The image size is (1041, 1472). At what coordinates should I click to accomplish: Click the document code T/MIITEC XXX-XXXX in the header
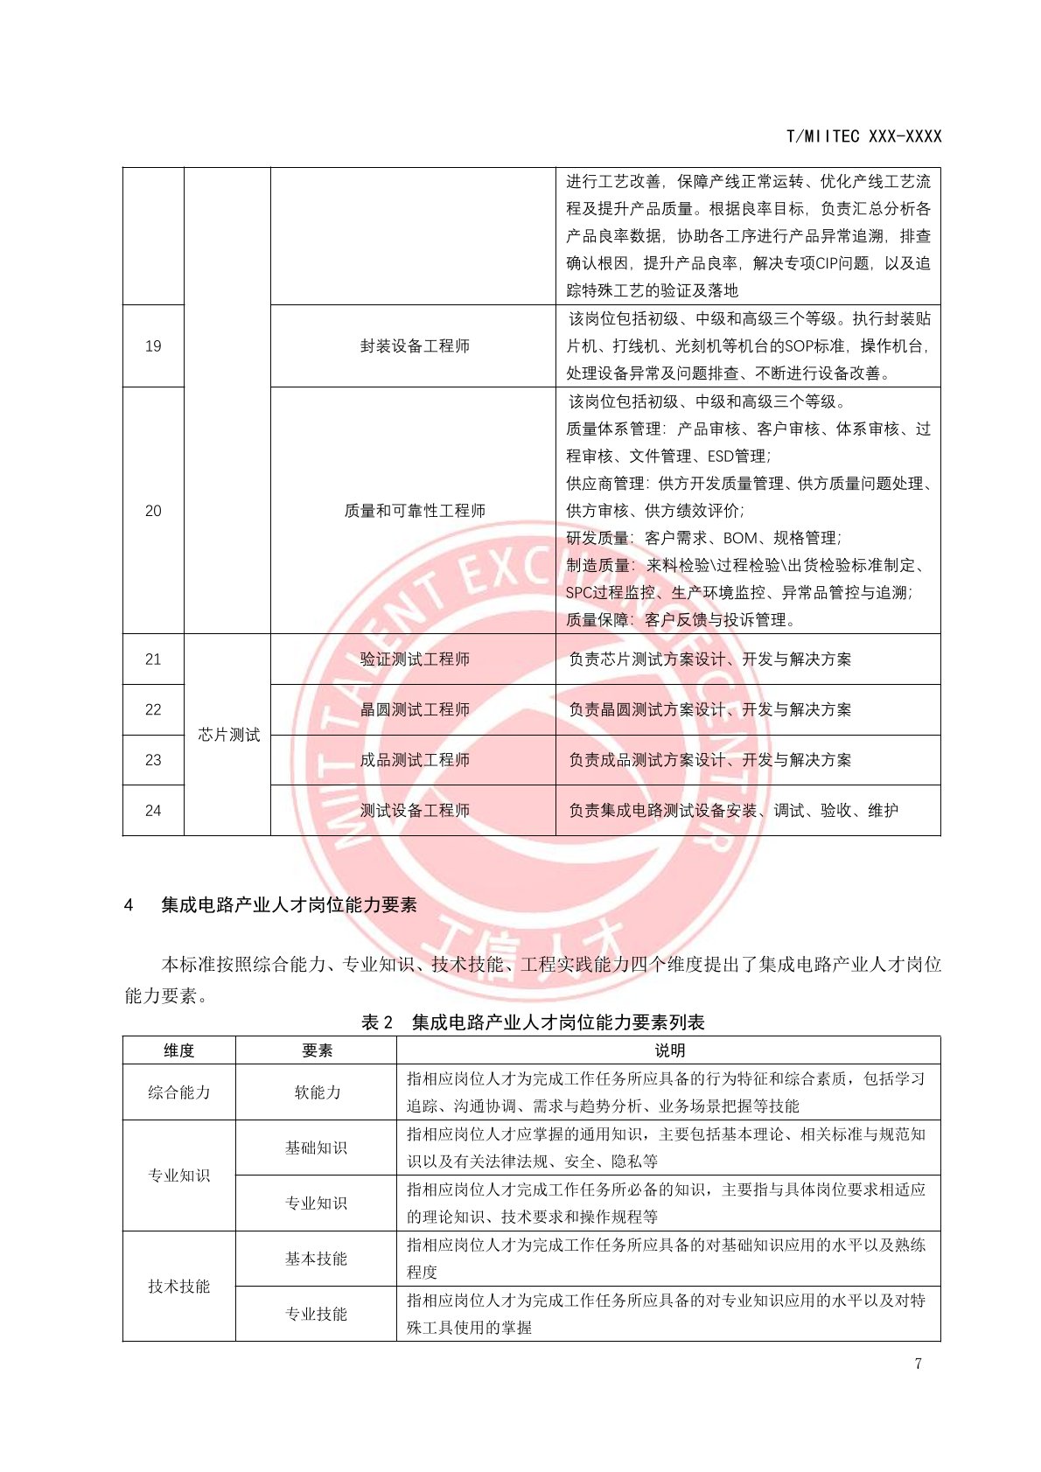coord(863,136)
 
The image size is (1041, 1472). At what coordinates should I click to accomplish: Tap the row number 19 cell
coord(153,346)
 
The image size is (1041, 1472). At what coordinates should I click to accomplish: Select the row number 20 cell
coord(153,511)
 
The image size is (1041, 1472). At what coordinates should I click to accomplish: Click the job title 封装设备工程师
coord(415,346)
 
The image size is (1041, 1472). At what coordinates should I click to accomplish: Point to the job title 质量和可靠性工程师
coord(415,511)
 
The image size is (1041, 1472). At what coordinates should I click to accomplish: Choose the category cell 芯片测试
coord(228,735)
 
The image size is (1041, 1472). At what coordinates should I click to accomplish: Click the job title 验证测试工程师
coord(415,659)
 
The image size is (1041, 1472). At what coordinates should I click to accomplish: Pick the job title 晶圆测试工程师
coord(415,709)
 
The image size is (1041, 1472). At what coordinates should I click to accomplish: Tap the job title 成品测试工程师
coord(415,760)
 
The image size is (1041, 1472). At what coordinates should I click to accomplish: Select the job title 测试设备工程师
coord(415,811)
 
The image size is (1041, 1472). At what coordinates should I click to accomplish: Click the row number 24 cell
coord(153,811)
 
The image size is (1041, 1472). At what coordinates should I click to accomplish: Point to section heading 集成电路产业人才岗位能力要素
coord(289,905)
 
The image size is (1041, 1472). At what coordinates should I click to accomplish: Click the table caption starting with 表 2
coord(533,1022)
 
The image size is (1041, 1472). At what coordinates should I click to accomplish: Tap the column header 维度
coord(179,1050)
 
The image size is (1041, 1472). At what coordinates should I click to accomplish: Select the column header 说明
coord(669,1050)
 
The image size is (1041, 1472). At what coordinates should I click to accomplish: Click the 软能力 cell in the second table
coord(317,1092)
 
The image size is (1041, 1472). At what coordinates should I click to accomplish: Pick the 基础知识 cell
coord(316,1148)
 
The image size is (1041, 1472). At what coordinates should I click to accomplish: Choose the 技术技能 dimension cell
coord(179,1287)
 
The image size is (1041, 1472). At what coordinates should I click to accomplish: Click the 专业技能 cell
coord(316,1314)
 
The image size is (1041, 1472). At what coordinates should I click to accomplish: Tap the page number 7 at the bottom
coord(918,1364)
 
